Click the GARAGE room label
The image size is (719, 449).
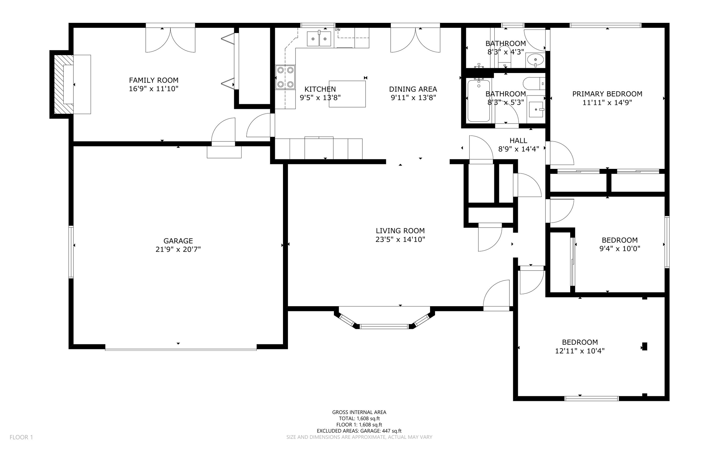(178, 241)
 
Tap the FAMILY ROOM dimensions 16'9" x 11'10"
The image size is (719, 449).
(153, 89)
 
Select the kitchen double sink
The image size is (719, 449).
(319, 39)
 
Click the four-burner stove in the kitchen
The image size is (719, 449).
(285, 77)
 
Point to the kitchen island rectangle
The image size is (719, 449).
(347, 94)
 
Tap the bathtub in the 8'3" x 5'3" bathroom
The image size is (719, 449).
(479, 100)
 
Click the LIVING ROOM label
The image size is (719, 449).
(400, 231)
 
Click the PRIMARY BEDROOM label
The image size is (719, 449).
(607, 94)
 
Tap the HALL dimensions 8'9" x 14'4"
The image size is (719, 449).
(519, 149)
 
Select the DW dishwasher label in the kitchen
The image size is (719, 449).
(338, 30)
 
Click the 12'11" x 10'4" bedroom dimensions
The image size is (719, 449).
(580, 351)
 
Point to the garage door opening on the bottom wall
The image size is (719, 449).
(181, 349)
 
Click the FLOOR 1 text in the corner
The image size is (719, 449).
(21, 437)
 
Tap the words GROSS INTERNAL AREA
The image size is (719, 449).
(359, 412)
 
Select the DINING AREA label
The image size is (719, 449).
(413, 89)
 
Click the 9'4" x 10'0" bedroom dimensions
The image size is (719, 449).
(620, 249)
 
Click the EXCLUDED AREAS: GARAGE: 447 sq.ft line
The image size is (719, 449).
(359, 431)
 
